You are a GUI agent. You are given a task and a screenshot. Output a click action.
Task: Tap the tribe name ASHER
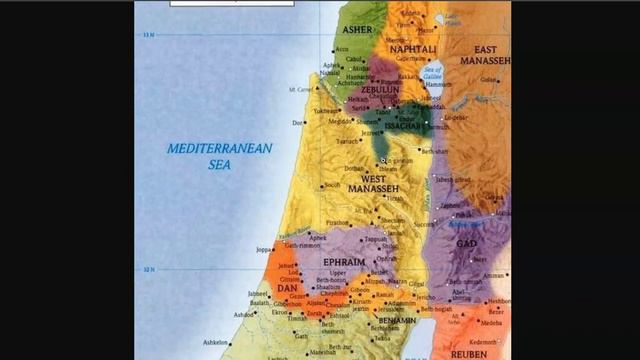click(358, 30)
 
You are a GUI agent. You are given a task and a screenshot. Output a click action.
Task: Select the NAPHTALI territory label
click(414, 48)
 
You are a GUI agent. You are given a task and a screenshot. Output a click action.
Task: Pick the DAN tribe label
click(287, 287)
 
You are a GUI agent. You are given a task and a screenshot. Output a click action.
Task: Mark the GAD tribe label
click(466, 244)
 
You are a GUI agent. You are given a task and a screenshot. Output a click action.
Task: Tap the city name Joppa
click(264, 249)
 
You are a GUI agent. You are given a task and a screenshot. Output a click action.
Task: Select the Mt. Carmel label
click(297, 90)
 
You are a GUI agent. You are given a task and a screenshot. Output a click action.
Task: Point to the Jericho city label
click(425, 297)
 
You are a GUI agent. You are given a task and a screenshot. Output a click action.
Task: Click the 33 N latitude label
click(148, 36)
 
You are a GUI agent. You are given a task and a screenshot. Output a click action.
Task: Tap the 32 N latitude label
click(148, 270)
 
